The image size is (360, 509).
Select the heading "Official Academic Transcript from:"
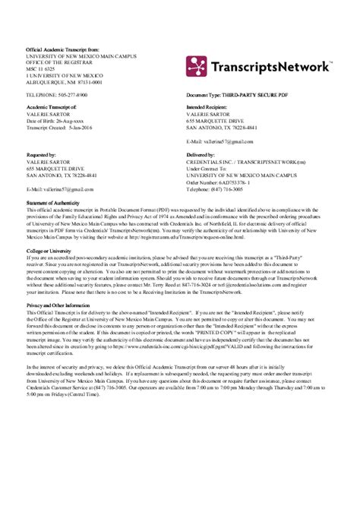[58, 49]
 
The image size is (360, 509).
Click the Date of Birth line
[53, 120]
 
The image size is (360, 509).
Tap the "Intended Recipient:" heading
[209, 107]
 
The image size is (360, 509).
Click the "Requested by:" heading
[41, 153]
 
